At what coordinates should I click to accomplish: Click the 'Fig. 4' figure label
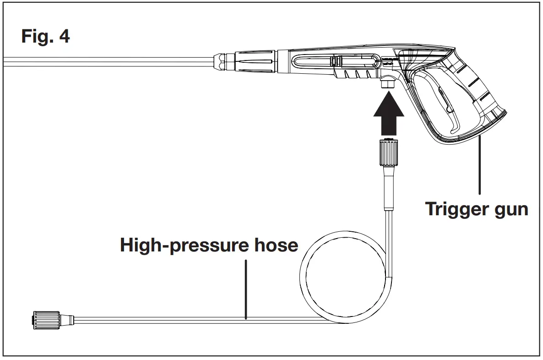46,36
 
